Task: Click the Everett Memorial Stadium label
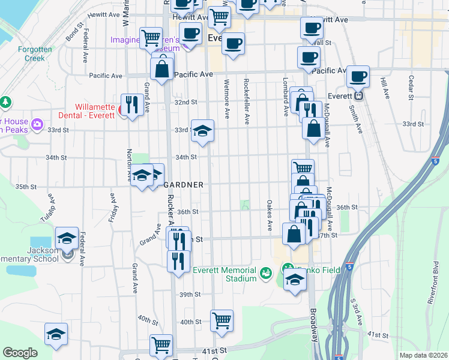point(224,274)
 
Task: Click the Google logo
point(20,353)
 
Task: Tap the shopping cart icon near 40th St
point(221,320)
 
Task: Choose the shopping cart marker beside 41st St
point(161,346)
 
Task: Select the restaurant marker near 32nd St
point(131,104)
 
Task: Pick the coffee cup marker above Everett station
point(358,76)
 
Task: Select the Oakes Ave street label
point(270,215)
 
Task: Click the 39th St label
point(189,295)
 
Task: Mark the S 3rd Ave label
point(356,319)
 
